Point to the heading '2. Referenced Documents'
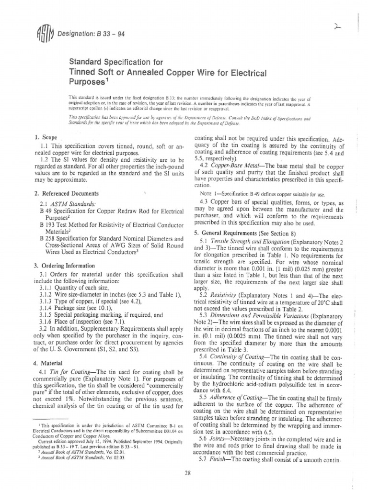(x=64, y=194)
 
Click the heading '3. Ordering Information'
(x=63, y=266)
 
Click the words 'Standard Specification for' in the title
(x=110, y=62)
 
